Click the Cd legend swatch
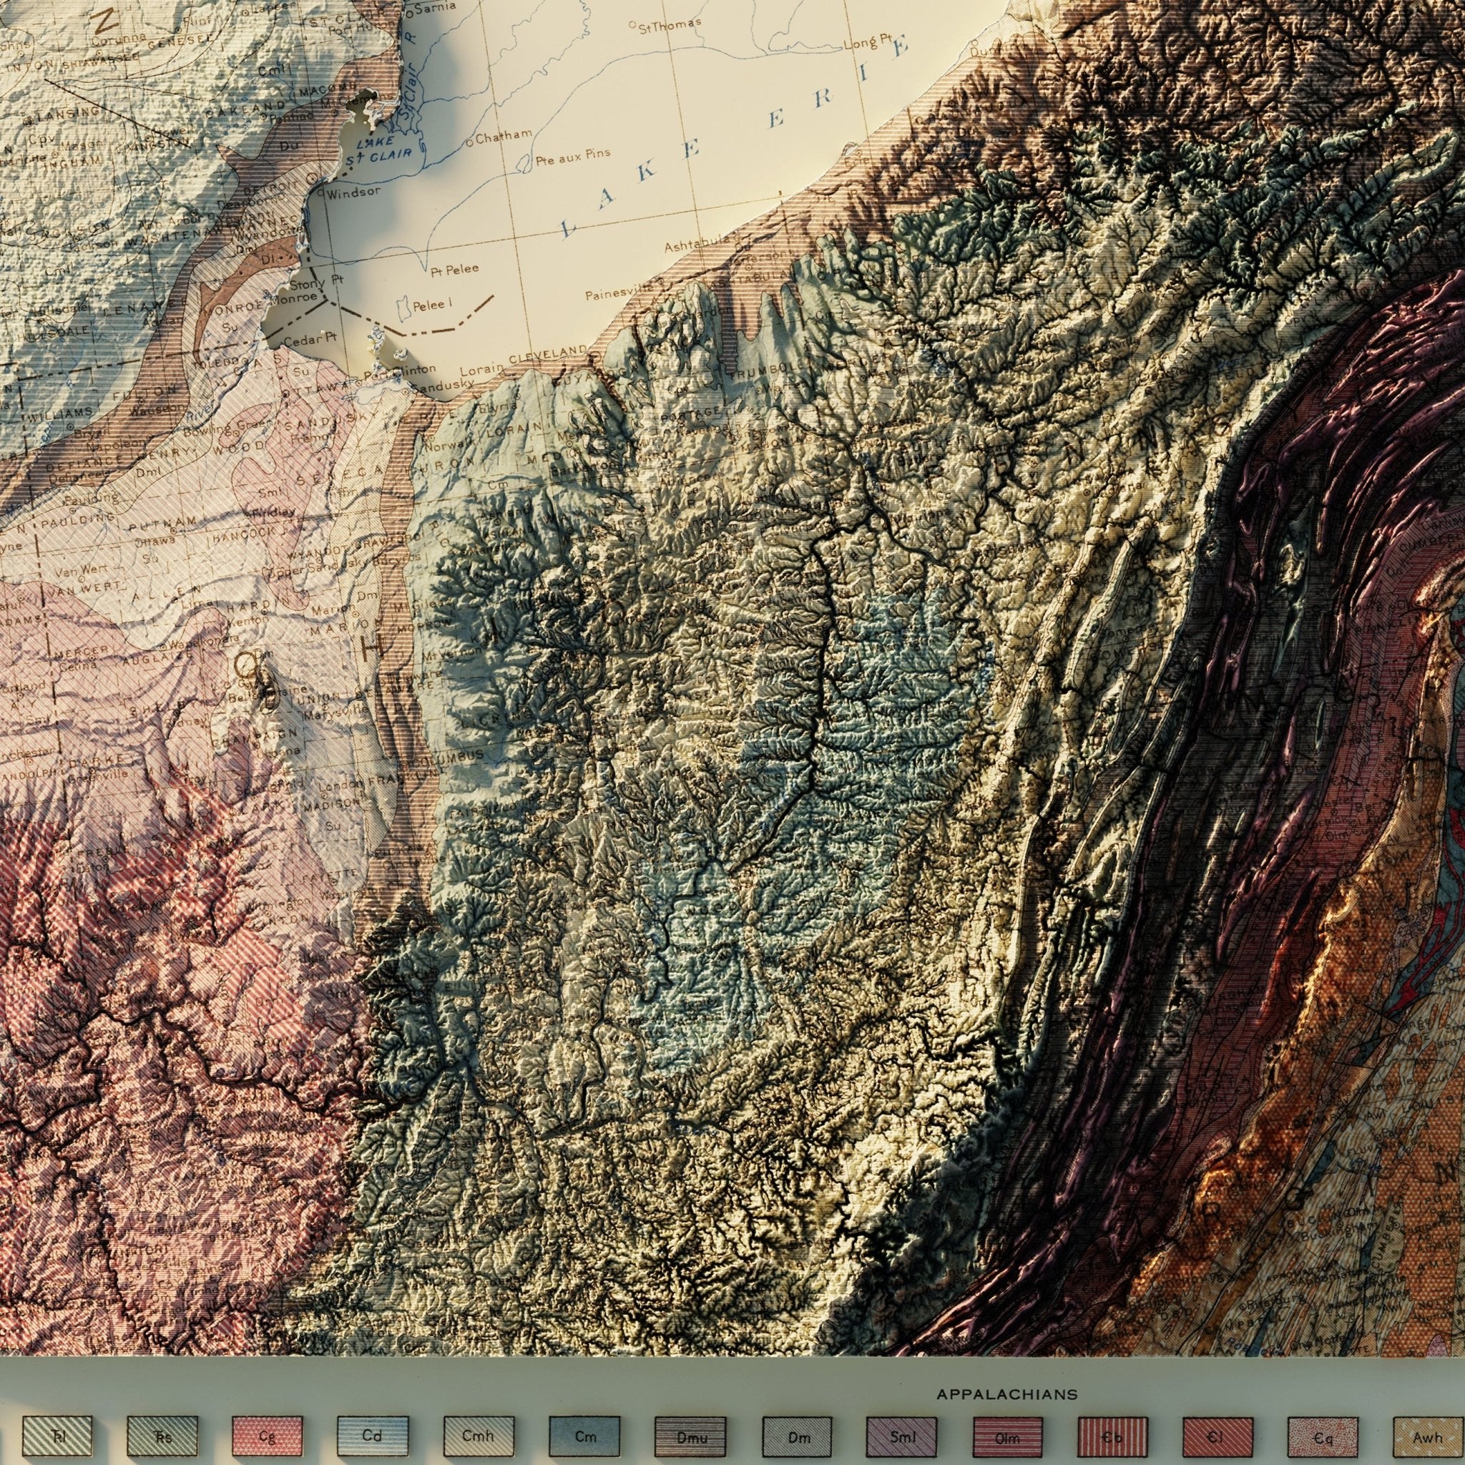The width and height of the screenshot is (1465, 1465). click(372, 1414)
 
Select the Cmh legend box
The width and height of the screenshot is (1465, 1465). click(479, 1414)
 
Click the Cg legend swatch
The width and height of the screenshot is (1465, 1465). click(267, 1414)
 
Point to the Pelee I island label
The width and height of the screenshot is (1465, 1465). click(432, 305)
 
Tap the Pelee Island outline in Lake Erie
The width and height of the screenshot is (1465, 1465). click(403, 305)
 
